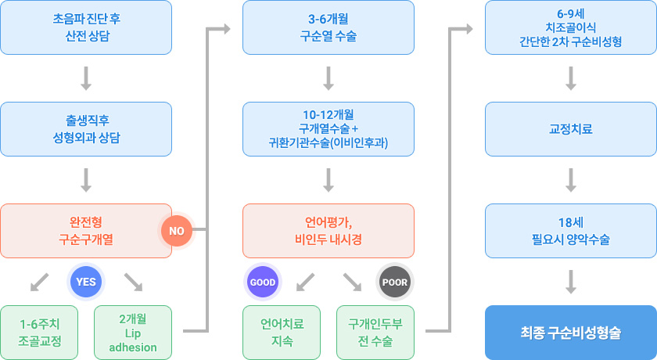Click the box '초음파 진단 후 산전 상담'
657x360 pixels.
(86, 27)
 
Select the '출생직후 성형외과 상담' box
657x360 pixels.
(86, 129)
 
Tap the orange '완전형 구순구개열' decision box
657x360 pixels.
(86, 231)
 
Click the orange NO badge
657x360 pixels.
(176, 231)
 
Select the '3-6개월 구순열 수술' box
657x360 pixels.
(328, 27)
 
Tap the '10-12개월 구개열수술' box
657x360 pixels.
(328, 129)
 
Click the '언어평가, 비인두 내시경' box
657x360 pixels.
(328, 231)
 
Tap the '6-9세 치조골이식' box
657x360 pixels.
(571, 27)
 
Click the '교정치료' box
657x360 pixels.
(571, 129)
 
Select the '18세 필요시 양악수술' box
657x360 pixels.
(571, 231)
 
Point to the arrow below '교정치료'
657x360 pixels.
(571, 180)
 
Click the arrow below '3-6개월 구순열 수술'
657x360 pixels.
(328, 78)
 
